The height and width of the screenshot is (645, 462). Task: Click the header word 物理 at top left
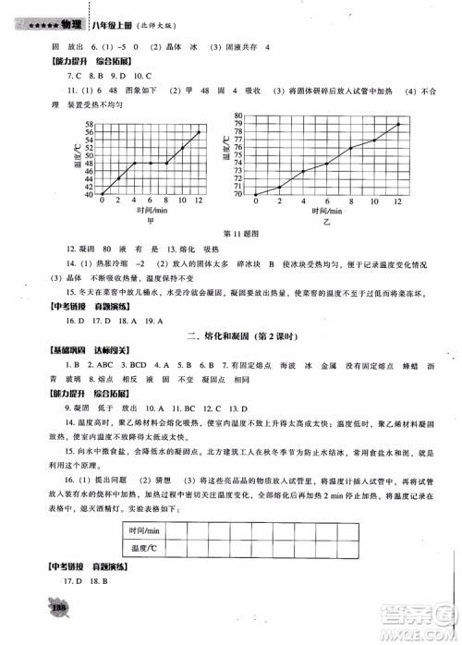point(63,11)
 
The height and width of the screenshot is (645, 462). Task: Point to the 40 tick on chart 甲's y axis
point(89,194)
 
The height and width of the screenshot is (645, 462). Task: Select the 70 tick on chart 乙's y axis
point(237,194)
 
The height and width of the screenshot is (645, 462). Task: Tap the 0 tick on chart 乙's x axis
point(252,202)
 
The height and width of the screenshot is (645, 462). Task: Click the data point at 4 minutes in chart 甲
point(135,164)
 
